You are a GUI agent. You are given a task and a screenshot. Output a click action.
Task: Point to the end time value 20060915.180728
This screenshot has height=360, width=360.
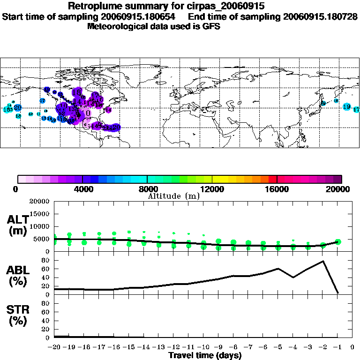click(320, 16)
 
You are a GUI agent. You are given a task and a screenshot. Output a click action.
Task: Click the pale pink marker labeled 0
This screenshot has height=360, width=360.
click(88, 113)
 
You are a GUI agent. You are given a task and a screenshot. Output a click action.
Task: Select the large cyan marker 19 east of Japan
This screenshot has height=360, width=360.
click(347, 107)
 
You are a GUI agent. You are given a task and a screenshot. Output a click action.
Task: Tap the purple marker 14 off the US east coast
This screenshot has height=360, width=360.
click(108, 110)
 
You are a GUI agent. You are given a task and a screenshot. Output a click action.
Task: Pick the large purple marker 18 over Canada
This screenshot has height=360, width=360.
click(76, 92)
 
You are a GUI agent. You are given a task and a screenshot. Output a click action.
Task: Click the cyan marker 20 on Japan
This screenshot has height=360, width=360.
click(322, 103)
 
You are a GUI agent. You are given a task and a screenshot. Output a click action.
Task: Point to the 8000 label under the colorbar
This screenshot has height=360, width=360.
click(147, 189)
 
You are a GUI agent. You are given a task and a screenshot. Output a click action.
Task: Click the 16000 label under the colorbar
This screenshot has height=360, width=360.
click(277, 189)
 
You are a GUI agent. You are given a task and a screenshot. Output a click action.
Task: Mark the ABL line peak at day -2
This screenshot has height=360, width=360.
click(323, 261)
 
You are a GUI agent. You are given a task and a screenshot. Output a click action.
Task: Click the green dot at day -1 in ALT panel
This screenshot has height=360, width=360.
click(338, 242)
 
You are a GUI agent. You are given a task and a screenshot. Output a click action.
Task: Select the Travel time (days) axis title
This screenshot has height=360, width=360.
click(205, 355)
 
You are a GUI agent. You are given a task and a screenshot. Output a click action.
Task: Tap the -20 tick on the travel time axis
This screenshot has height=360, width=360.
click(54, 347)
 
